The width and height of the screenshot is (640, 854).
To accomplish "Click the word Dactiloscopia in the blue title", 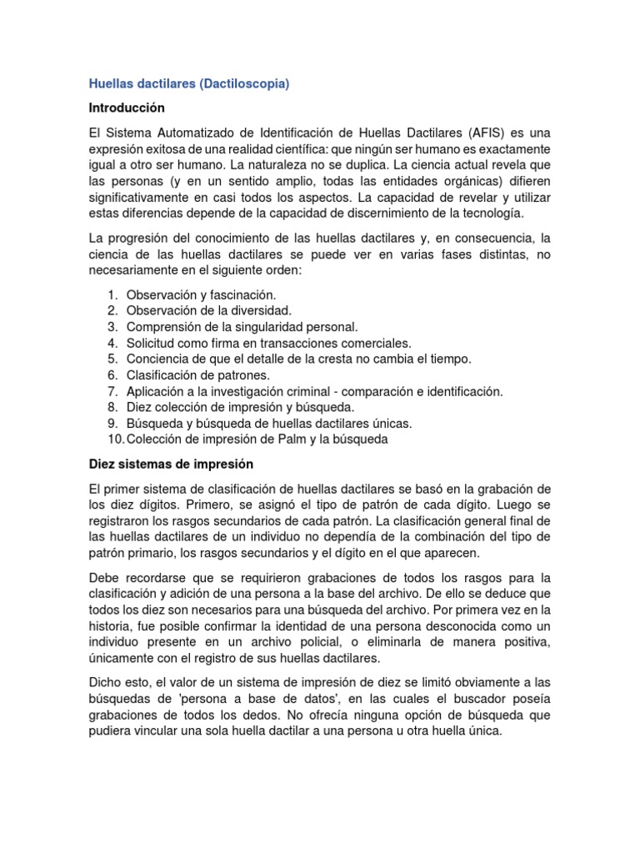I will pos(251,84).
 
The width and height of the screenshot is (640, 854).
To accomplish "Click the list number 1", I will pos(112,295).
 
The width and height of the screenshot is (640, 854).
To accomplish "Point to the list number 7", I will pos(112,390).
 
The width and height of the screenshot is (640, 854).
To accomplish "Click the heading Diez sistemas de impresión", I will pos(170,464).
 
